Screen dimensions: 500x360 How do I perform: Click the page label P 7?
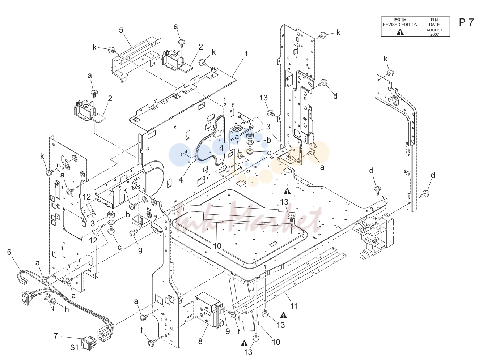(x=466, y=22)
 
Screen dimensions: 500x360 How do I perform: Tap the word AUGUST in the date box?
(x=435, y=30)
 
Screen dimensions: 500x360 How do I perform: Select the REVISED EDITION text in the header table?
(x=400, y=25)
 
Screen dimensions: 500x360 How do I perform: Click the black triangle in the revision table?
(x=400, y=32)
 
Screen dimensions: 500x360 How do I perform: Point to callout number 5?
(x=121, y=30)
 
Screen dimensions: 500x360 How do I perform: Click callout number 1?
(x=246, y=54)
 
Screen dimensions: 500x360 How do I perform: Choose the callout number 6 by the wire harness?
(x=9, y=252)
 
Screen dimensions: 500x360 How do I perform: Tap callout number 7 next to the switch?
(x=56, y=336)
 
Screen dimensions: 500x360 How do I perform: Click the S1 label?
(x=74, y=347)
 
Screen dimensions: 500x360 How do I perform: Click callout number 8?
(x=200, y=341)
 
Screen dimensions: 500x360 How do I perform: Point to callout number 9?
(x=228, y=331)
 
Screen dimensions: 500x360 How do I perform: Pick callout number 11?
(x=294, y=306)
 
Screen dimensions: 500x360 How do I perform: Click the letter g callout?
(x=140, y=250)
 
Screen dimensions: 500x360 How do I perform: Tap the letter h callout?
(x=67, y=309)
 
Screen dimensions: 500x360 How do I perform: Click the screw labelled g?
(x=134, y=233)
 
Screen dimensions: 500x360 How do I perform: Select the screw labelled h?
(x=54, y=301)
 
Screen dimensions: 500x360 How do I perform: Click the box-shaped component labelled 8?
(x=209, y=310)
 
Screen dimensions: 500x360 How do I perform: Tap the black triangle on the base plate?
(x=287, y=191)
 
